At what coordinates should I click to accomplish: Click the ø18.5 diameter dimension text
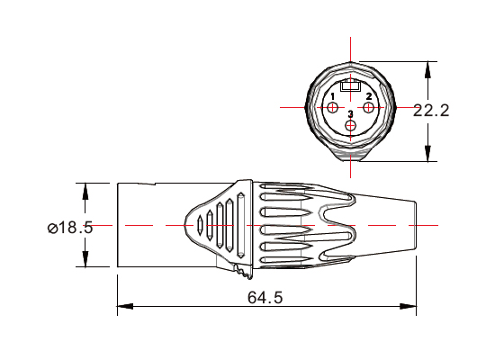pos(70,228)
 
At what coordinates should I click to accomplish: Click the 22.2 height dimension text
pos(431,111)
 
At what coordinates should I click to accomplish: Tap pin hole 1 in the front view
pos(334,109)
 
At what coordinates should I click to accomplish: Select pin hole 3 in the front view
pos(351,125)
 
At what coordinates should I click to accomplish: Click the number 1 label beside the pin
pos(333,96)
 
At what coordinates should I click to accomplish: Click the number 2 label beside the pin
pos(368,96)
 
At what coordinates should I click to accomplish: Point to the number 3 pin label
pos(350,114)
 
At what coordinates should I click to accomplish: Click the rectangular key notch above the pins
pos(351,88)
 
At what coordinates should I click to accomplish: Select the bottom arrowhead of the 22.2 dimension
pos(427,156)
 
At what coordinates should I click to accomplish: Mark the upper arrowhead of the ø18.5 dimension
pos(85,189)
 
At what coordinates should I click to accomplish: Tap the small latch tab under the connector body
pos(239,269)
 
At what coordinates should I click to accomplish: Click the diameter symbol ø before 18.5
pos(52,228)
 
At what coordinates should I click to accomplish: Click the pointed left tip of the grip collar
pos(185,224)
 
